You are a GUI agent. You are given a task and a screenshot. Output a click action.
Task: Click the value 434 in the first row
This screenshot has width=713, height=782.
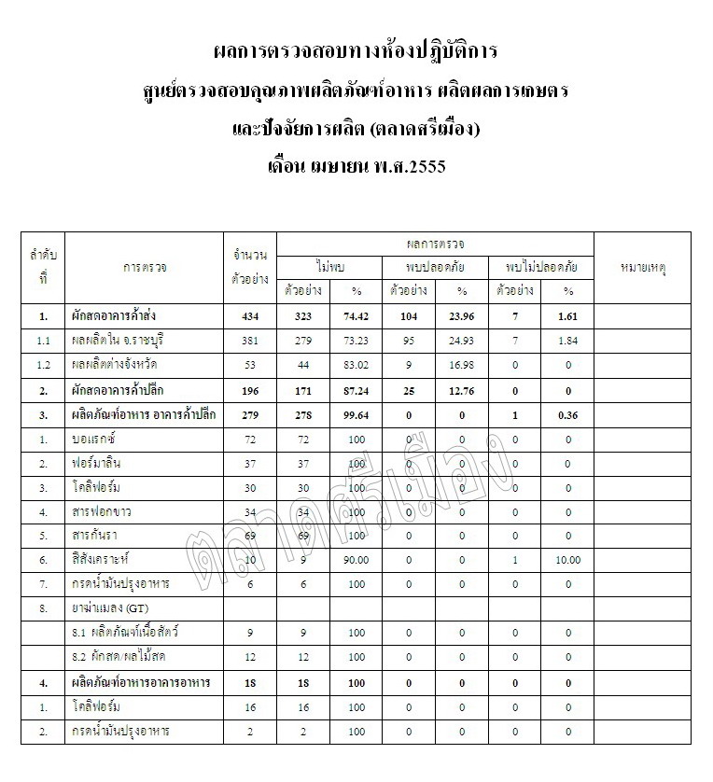point(249,316)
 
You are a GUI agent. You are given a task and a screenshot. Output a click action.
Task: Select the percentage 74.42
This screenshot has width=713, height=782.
point(356,316)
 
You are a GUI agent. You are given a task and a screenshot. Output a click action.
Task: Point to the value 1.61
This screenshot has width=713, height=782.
point(568,316)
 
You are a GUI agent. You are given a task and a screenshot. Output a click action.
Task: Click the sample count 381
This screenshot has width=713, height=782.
point(249,340)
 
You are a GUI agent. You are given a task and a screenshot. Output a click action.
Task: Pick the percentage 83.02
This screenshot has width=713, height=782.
point(356,364)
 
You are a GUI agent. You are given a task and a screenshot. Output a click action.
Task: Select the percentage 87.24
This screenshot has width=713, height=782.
point(356,389)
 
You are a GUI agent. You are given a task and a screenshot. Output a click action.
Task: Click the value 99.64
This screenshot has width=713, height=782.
point(356,414)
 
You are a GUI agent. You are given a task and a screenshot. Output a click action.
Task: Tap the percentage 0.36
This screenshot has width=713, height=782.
point(568,414)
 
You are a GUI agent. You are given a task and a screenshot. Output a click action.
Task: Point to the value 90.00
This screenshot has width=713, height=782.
point(356,560)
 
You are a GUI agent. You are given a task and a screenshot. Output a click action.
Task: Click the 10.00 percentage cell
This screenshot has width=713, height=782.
point(568,560)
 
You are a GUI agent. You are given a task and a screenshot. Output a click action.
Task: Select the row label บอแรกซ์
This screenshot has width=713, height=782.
point(99,439)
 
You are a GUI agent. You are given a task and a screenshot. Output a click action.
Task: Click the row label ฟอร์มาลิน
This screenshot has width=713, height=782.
point(102,463)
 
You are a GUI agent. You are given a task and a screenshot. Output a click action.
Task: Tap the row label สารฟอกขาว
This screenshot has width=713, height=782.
point(105,511)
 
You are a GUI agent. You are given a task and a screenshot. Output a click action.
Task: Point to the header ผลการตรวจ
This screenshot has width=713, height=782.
point(436,244)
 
